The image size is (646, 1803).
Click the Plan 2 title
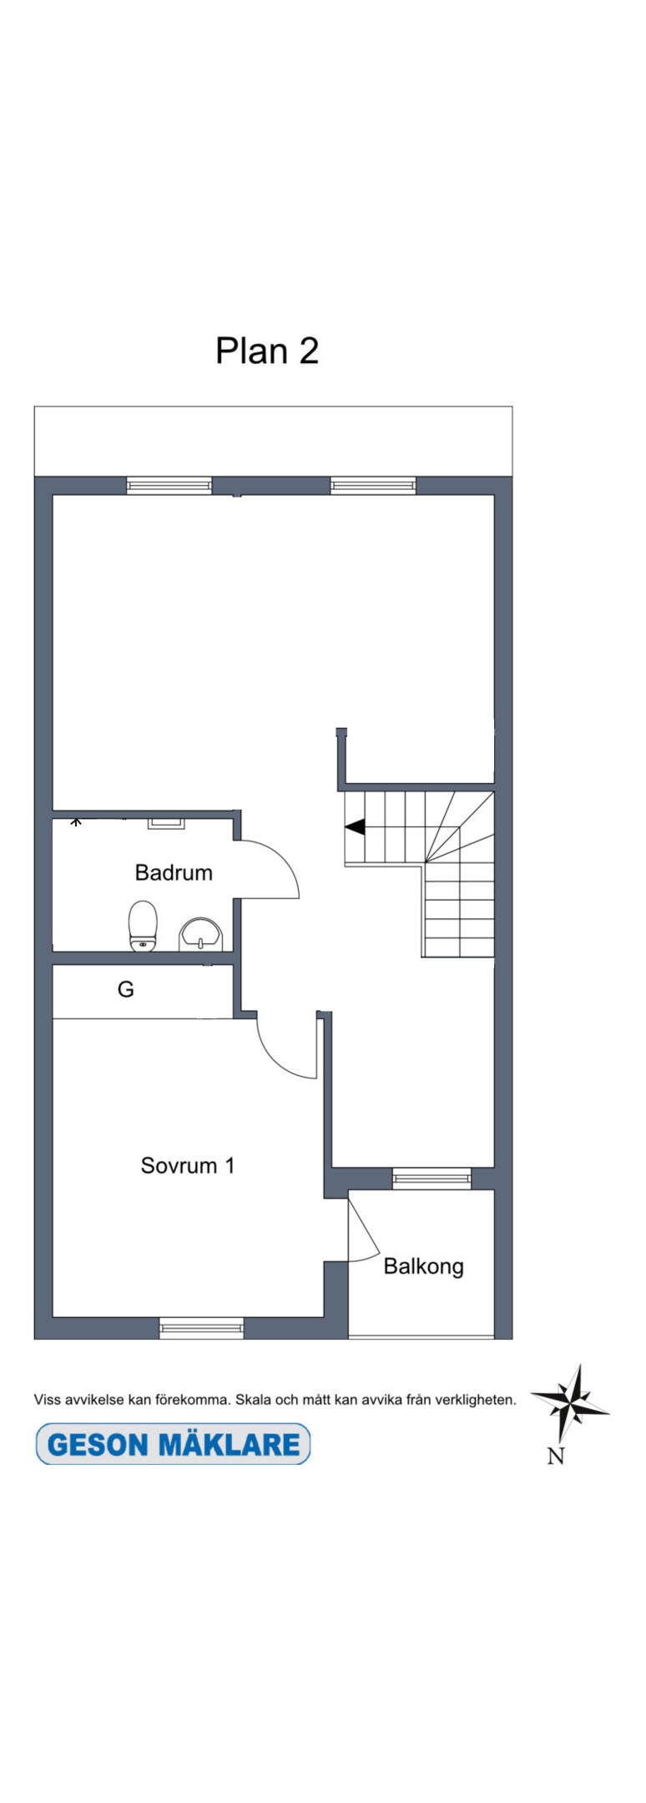click(267, 351)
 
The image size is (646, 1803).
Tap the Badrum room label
click(174, 872)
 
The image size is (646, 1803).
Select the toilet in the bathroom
click(143, 926)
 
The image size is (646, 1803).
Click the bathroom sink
click(201, 934)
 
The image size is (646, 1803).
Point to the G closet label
click(126, 989)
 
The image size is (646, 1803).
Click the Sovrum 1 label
click(188, 1165)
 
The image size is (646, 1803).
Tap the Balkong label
click(423, 1266)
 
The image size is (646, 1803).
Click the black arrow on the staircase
click(356, 826)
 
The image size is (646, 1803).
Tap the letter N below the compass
click(556, 1456)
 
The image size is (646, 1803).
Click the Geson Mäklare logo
click(173, 1444)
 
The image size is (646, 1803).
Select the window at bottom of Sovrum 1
click(201, 1327)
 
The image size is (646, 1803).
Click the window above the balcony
click(432, 1178)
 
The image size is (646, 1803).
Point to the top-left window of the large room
click(169, 485)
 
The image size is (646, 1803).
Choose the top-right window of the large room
click(373, 485)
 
